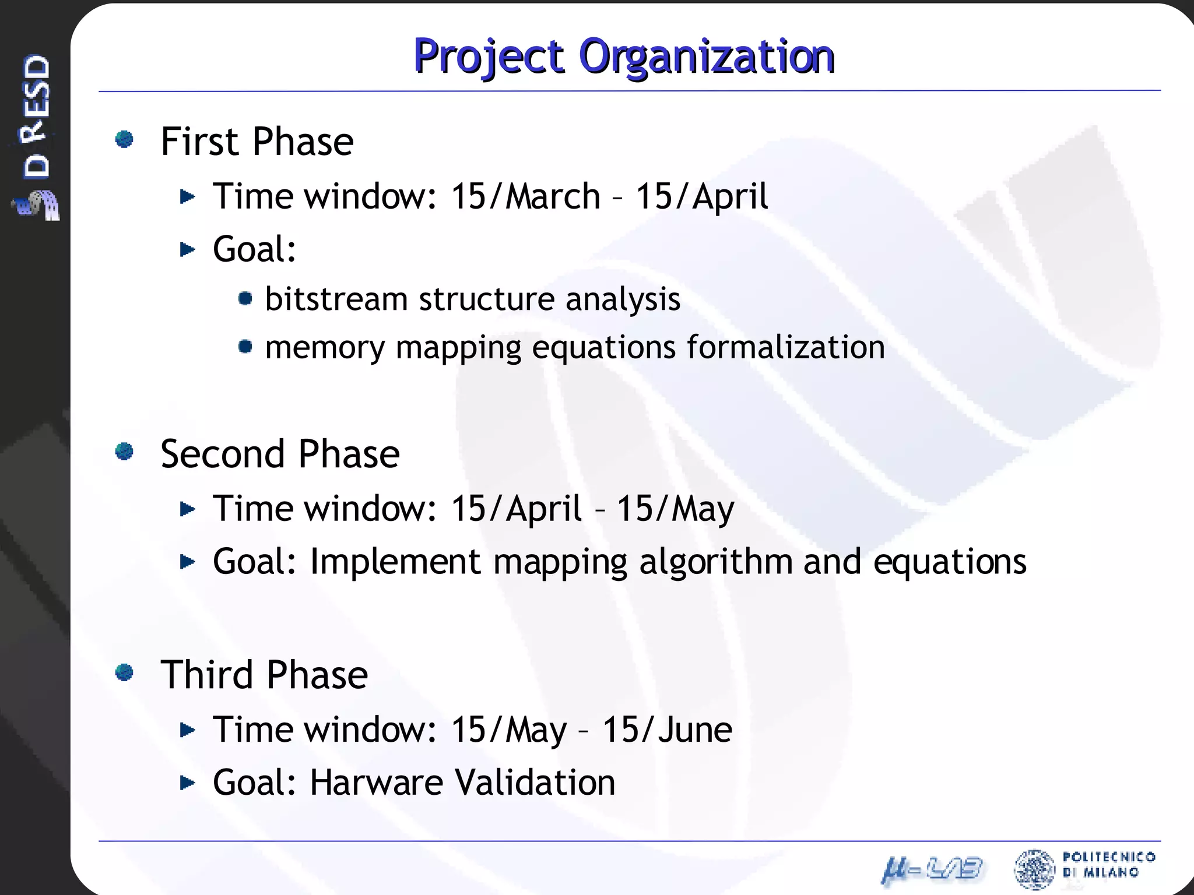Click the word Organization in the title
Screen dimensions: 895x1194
pyautogui.click(x=707, y=57)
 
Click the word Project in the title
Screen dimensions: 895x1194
pyautogui.click(x=489, y=57)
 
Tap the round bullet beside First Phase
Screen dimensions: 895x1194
pyautogui.click(x=124, y=139)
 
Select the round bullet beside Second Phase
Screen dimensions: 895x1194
pyautogui.click(x=124, y=452)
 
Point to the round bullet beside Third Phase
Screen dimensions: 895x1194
pyautogui.click(x=124, y=672)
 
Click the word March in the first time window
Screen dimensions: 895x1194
pyautogui.click(x=553, y=196)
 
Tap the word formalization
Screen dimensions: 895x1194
pyautogui.click(x=785, y=347)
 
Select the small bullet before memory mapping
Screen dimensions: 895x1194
pyautogui.click(x=245, y=347)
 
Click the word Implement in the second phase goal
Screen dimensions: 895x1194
pyautogui.click(x=396, y=562)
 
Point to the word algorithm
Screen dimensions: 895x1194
pyautogui.click(x=716, y=562)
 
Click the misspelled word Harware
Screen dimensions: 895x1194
pyautogui.click(x=376, y=783)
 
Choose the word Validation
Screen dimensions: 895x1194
pyautogui.click(x=535, y=783)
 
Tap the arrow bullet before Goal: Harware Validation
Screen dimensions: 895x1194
pyautogui.click(x=187, y=783)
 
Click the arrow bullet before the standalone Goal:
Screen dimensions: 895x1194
pyautogui.click(x=187, y=250)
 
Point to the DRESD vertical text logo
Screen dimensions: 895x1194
pyautogui.click(x=36, y=117)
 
